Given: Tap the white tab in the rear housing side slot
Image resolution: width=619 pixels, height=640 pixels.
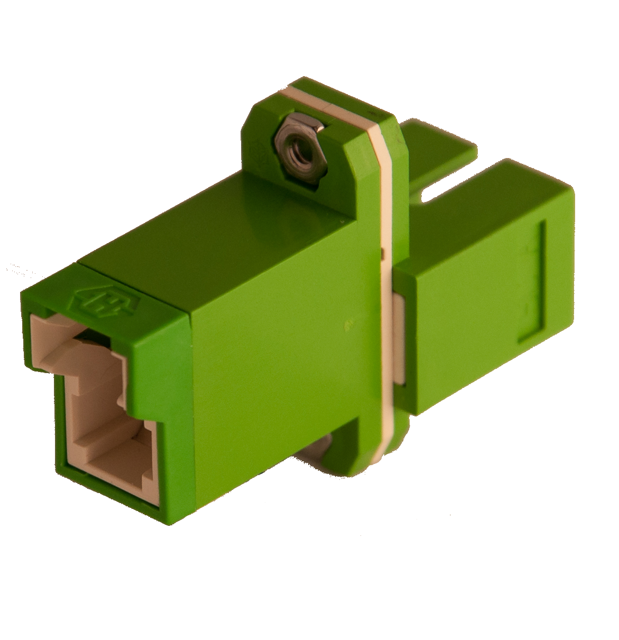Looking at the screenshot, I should pos(400,338).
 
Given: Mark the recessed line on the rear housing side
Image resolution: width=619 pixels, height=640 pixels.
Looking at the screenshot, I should pos(539,280).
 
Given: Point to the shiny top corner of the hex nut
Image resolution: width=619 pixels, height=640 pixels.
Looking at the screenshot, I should pos(291,118).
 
